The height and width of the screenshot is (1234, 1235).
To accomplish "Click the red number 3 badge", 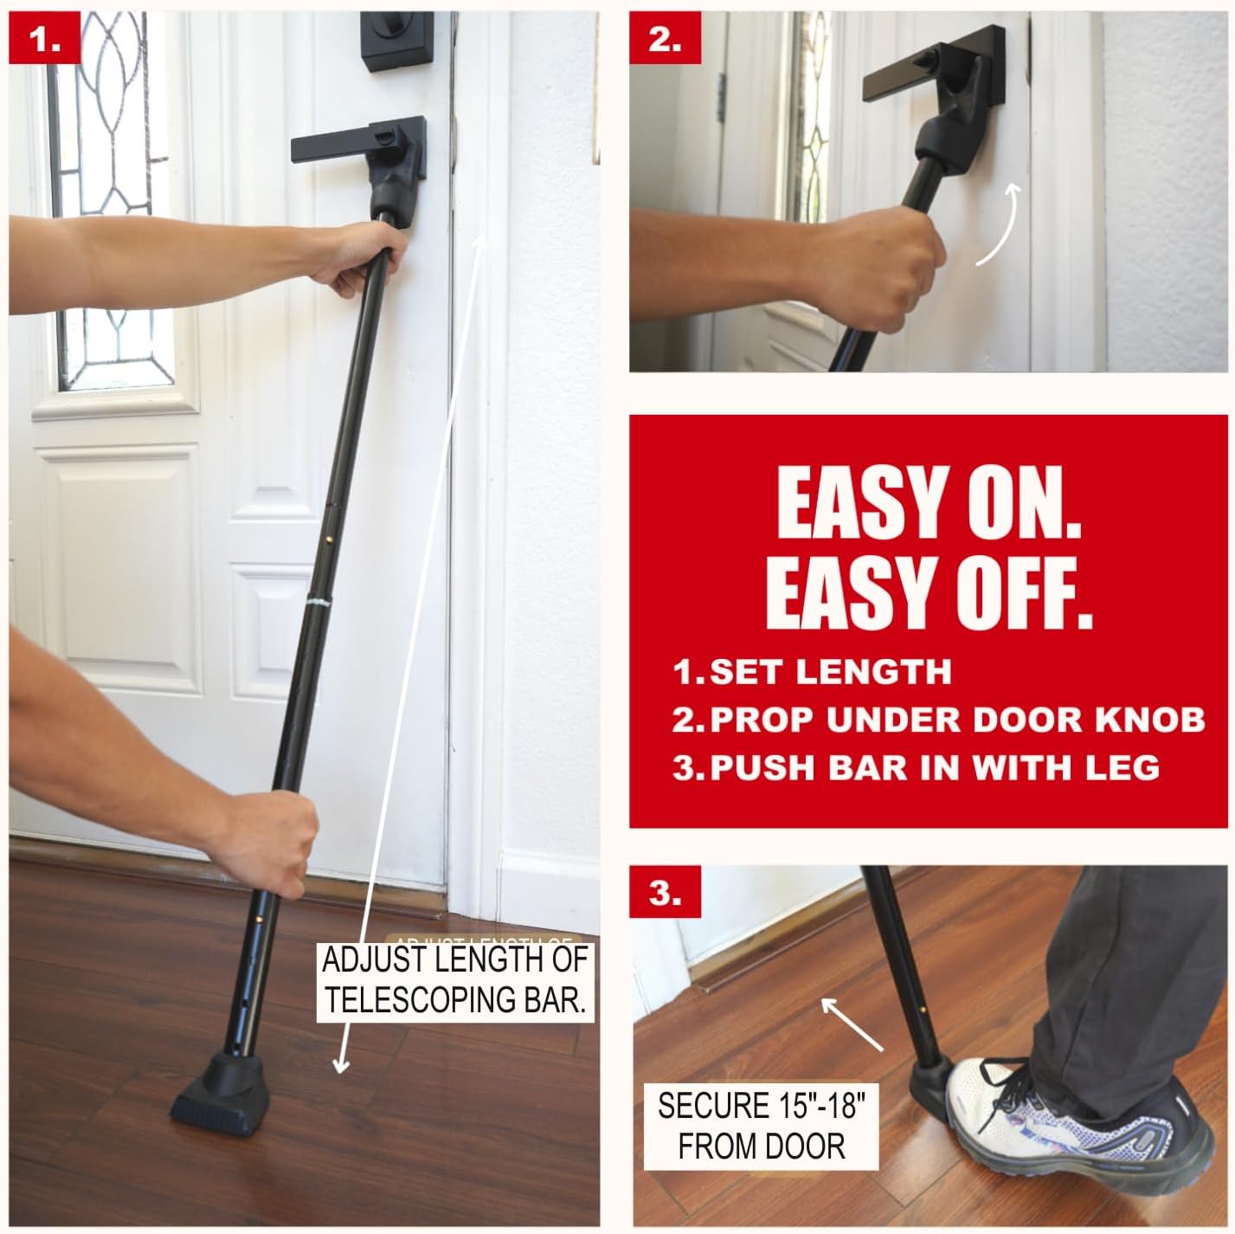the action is [666, 893].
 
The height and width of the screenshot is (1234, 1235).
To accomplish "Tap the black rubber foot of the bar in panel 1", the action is [220, 1083].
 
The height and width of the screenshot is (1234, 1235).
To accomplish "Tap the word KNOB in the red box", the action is [1150, 720].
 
